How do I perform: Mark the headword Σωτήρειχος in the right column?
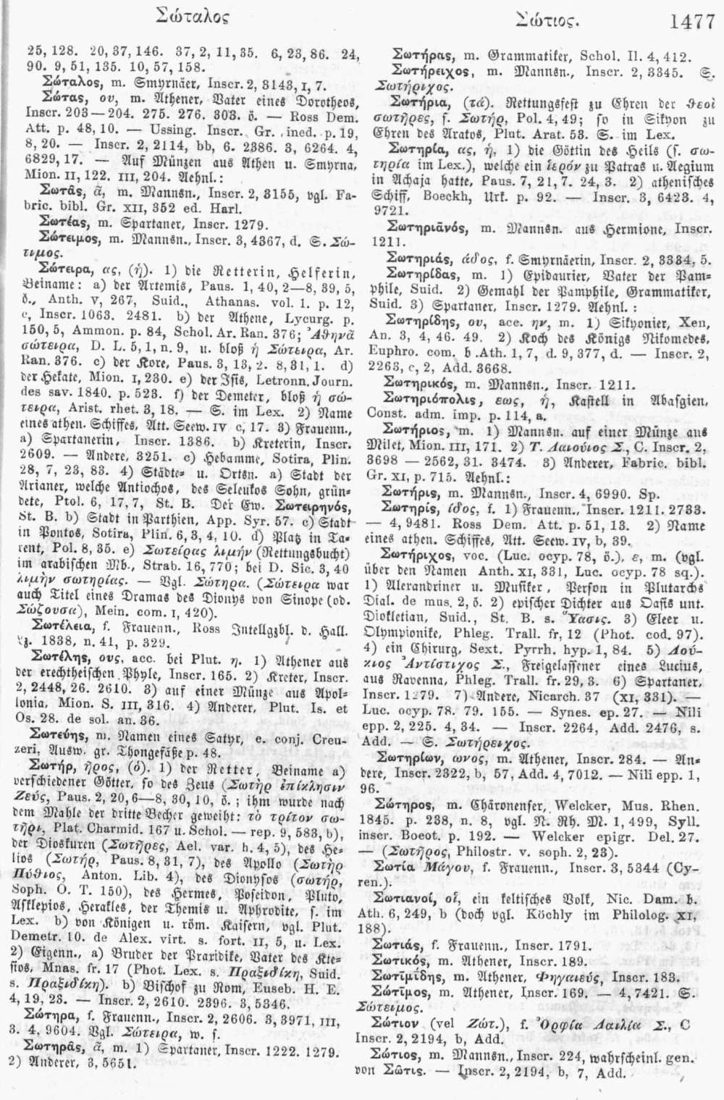point(428,72)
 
